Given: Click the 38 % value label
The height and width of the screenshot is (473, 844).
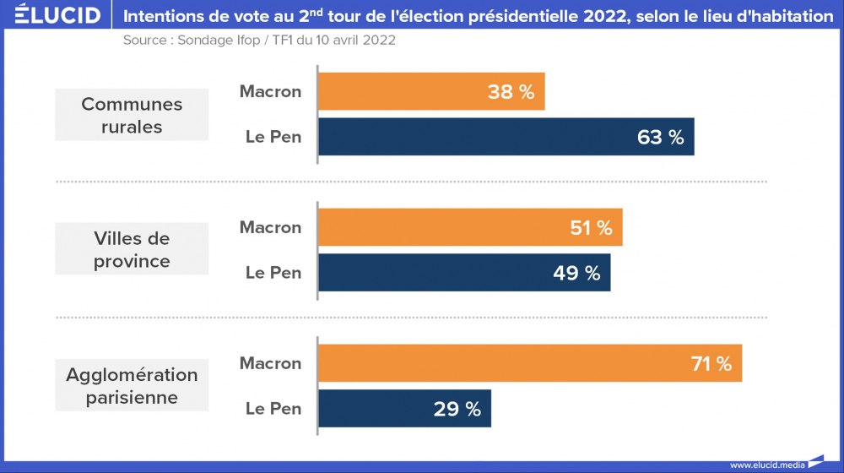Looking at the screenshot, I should click(511, 92).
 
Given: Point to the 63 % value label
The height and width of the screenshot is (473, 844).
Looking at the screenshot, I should click(661, 137).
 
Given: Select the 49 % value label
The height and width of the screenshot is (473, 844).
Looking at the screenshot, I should click(577, 273).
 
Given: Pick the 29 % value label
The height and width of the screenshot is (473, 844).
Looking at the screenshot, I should click(457, 410).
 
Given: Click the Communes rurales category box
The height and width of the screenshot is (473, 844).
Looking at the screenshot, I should click(132, 115).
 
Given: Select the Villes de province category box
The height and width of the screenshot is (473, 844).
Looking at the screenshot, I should click(132, 249).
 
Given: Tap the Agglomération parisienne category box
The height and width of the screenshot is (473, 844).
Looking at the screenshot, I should click(132, 385).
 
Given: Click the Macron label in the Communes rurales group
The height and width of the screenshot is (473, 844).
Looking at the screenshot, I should click(270, 91).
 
